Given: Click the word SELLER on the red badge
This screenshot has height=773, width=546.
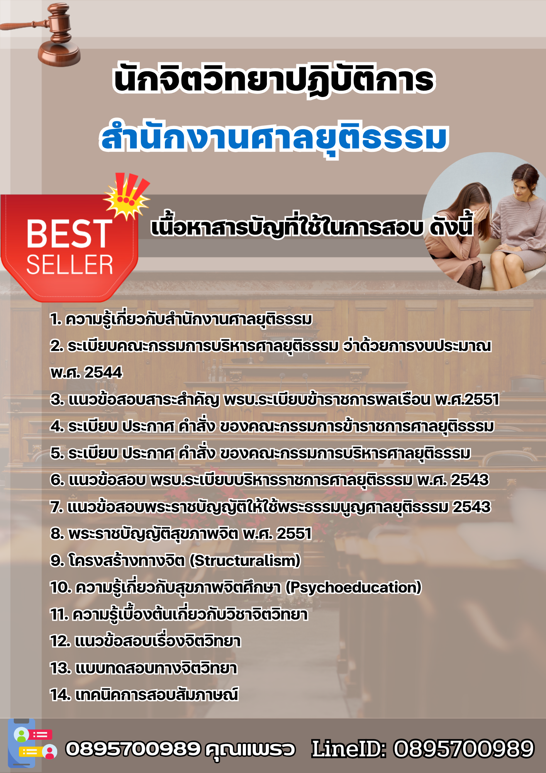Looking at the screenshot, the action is coord(70,265).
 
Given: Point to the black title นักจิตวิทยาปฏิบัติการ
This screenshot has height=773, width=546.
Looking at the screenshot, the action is coord(274,80).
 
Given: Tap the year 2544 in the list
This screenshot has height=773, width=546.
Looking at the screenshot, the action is coord(103,373).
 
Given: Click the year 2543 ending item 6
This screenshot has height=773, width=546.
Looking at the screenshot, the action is coord(470,480).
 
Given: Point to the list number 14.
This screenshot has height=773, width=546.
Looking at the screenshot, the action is coord(60,695).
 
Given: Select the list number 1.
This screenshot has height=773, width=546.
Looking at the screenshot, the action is coord(56,320).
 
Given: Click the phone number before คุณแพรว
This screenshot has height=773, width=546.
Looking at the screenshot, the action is coord(133,749).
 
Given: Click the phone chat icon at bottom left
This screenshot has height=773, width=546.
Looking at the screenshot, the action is coord(33,743).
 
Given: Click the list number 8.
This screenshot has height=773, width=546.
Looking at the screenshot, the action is coord(57,534).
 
